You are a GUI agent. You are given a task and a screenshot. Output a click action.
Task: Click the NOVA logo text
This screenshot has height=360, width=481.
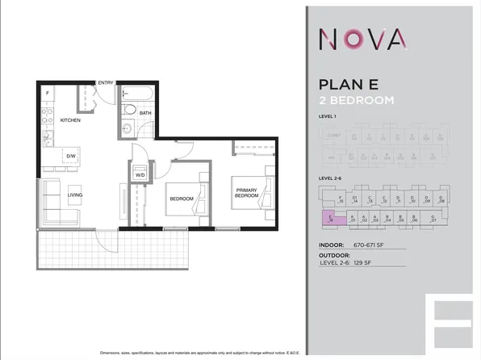coord(362,38)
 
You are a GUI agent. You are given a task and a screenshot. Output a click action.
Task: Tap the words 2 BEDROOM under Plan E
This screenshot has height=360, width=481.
coord(357,101)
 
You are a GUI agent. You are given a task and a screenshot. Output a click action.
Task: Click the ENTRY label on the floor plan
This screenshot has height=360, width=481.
coord(106,82)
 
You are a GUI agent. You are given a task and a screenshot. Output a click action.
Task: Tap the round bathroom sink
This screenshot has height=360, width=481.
coord(127,129)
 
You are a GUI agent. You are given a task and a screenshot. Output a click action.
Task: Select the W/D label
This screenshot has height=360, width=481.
coord(139,174)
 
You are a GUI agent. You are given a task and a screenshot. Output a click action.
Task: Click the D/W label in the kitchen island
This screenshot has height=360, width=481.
coord(71,156)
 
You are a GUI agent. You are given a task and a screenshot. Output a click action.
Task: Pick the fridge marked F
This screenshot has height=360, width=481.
coord(48,94)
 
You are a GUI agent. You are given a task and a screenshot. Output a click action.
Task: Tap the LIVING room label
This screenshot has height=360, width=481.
coord(75,195)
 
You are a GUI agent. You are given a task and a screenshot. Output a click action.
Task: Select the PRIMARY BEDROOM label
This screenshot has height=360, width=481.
coord(246,192)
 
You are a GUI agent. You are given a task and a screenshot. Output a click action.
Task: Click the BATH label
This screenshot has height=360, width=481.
coord(145,113)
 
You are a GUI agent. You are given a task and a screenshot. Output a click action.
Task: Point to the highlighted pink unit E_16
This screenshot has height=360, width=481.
coord(328,216)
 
